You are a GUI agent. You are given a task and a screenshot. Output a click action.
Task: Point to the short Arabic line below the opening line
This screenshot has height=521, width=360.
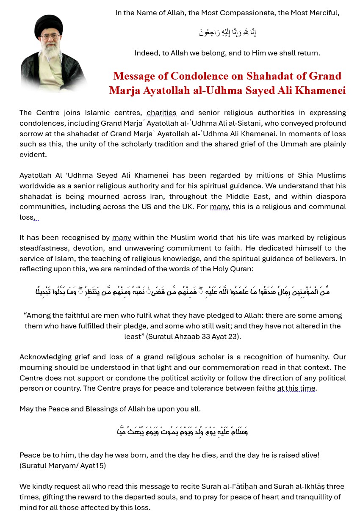pos(227,32)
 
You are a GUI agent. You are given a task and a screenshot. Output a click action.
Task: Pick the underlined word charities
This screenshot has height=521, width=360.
pos(161,113)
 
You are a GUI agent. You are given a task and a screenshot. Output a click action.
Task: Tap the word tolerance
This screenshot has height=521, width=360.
pos(200,388)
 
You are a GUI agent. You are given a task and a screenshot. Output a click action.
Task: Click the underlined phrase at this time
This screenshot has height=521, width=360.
pos(296,388)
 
